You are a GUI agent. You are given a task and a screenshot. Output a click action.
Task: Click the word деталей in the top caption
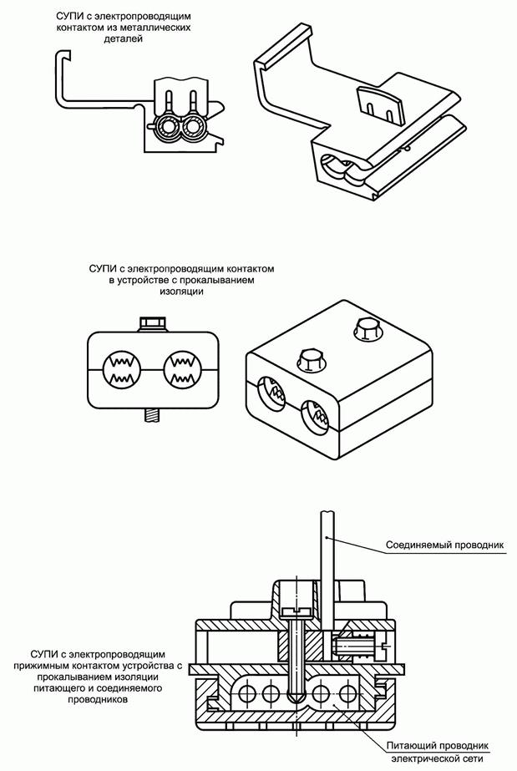[124, 39]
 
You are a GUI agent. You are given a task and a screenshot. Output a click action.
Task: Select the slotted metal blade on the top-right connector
[380, 104]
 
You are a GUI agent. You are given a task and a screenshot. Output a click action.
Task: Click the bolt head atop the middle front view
[154, 325]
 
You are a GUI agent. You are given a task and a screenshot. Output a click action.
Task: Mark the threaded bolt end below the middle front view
[154, 415]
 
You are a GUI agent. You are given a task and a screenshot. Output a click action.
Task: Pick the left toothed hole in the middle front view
[122, 368]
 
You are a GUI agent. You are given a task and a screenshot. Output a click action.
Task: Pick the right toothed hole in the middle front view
[182, 368]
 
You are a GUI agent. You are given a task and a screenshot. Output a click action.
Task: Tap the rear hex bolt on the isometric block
[368, 329]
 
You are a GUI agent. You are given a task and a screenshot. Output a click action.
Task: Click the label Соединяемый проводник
[445, 545]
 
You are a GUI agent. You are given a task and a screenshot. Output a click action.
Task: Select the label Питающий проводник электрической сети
[438, 752]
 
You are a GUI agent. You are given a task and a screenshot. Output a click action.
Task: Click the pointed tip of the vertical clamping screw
[297, 699]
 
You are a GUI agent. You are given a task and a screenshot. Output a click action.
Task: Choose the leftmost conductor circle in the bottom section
[246, 694]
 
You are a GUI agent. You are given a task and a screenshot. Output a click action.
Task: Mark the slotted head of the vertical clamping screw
[297, 611]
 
